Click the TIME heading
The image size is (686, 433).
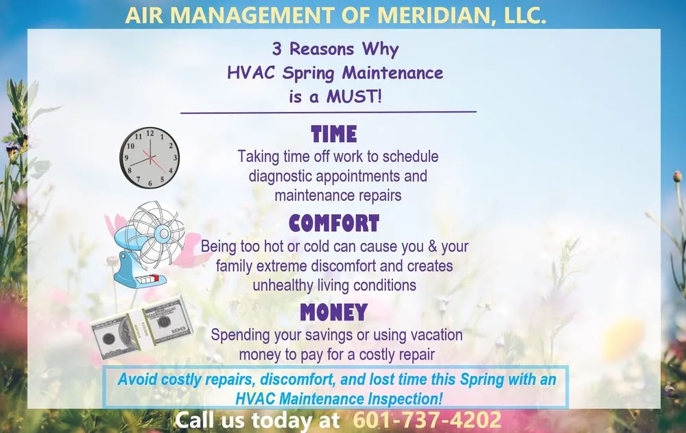[334, 133]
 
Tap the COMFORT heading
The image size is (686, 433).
[334, 223]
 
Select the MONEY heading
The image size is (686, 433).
[334, 313]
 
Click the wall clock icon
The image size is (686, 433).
[150, 157]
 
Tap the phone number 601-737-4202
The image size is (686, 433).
[427, 420]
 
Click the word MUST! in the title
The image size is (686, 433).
[353, 96]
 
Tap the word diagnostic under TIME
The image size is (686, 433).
[283, 176]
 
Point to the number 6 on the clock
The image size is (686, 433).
[150, 184]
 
